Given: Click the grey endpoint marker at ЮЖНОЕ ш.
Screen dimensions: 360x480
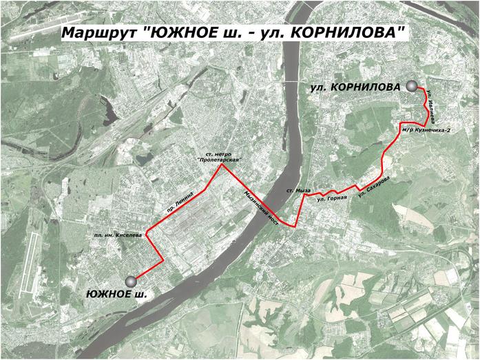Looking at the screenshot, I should tap(131, 281).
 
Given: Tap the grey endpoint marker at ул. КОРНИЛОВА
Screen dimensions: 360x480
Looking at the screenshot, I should tap(412, 86).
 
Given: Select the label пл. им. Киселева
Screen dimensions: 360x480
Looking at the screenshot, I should tap(119, 235).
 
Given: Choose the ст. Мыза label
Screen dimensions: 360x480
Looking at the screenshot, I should tap(300, 190).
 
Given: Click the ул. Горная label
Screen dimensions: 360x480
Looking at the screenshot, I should tap(330, 199).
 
